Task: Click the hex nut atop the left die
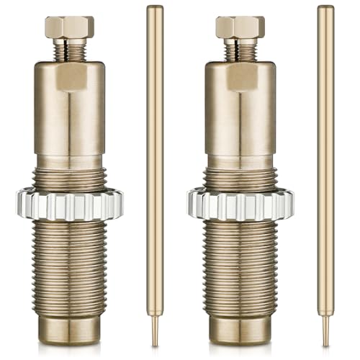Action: point(69,27)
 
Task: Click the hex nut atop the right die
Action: point(240,27)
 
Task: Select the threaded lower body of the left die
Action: point(69,266)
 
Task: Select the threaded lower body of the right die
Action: point(240,266)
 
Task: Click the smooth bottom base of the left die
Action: point(69,328)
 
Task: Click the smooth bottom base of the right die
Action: point(240,328)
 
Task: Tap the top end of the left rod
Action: point(155,9)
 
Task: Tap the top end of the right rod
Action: point(325,9)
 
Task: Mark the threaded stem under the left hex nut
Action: point(69,51)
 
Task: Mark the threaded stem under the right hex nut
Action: point(240,51)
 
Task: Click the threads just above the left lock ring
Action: point(69,178)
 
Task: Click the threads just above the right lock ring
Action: point(240,178)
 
